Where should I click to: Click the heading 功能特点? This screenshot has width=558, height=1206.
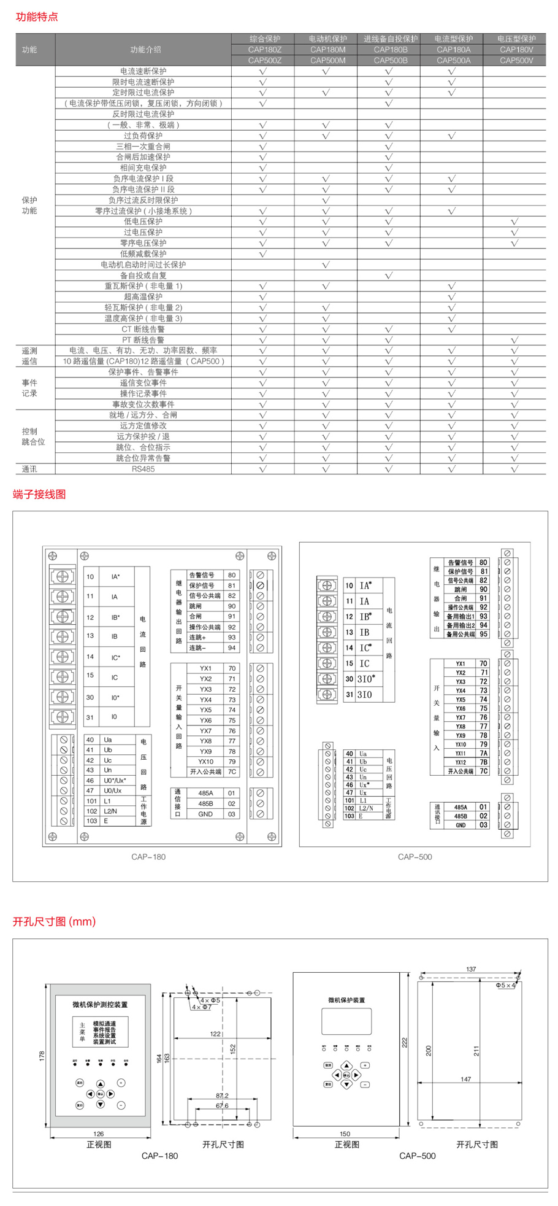37,17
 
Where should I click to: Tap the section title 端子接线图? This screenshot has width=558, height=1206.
39,494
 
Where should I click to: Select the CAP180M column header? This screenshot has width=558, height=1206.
327,50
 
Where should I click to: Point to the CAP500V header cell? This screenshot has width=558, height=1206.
516,60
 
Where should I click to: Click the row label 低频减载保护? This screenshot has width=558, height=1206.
143,253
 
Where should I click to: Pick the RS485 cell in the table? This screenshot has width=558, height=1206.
143,469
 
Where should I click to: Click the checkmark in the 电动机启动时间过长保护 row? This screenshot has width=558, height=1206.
326,265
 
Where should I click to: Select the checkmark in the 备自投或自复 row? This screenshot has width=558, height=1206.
389,276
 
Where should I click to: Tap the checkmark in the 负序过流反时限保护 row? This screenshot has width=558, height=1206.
326,200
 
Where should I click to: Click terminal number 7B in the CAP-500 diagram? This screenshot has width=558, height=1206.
484,762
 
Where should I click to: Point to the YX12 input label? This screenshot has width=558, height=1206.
461,762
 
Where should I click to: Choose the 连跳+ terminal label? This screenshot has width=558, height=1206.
197,638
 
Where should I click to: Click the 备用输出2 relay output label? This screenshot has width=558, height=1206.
461,625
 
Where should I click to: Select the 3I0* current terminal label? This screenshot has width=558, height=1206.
366,679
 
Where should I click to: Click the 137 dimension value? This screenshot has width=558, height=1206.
471,969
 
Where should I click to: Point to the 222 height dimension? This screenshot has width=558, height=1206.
405,1042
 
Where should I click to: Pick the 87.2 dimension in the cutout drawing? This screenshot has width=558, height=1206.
222,1095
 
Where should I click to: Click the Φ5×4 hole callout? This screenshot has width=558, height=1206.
505,985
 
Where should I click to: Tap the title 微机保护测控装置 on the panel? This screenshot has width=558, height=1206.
100,1005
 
